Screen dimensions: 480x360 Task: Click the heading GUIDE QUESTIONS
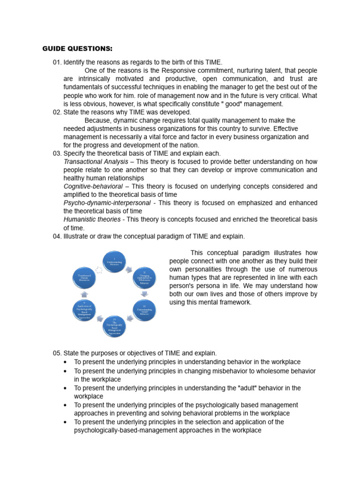pos(77,48)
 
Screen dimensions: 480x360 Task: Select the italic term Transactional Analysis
pos(96,162)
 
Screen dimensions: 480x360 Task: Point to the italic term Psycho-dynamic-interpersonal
pos(107,203)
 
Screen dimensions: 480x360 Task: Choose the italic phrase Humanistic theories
pos(92,219)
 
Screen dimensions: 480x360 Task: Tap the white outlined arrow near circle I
pos(99,270)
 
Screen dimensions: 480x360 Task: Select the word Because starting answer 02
pos(98,120)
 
